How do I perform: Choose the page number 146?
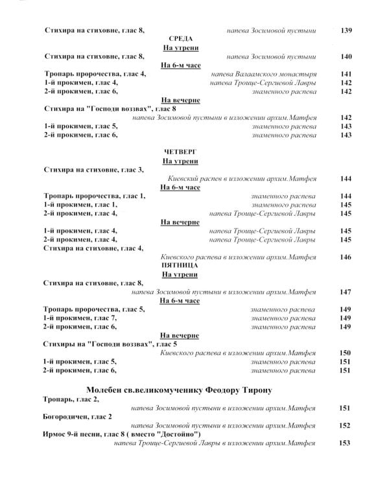pos(345,257)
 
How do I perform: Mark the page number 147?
pos(345,292)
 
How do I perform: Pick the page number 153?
pos(345,443)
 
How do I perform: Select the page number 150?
pos(345,353)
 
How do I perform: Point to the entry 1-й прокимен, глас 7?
pos(80,318)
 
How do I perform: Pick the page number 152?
pos(345,426)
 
